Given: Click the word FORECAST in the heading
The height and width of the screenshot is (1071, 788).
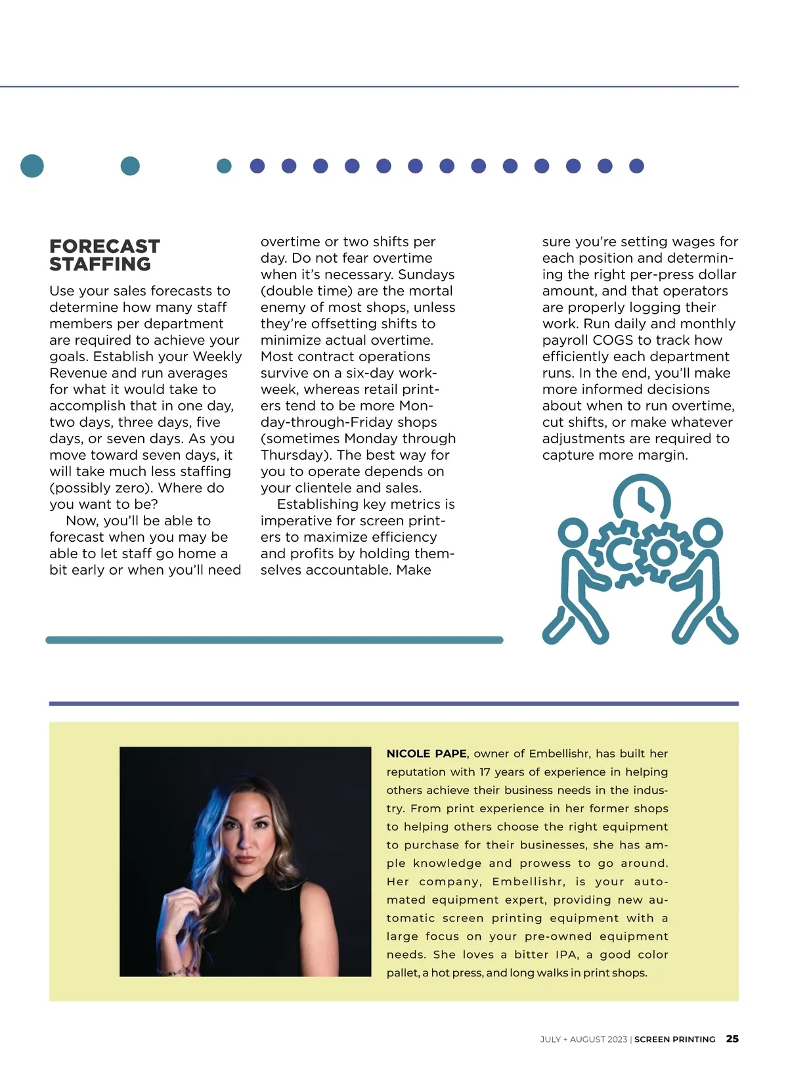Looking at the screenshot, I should click(104, 246).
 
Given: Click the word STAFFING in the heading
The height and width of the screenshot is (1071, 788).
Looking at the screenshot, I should click(100, 264).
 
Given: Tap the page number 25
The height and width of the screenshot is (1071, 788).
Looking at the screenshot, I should click(732, 1039).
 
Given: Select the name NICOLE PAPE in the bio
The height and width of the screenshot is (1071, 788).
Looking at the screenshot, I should click(426, 754).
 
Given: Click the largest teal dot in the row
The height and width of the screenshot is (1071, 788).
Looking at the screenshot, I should click(32, 165).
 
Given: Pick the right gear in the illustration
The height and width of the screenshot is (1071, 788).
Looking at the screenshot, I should click(663, 552).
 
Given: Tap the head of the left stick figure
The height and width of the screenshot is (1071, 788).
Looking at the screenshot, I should click(573, 533).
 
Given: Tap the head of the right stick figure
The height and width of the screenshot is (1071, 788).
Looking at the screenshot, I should click(707, 533).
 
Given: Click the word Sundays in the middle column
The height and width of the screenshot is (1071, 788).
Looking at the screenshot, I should click(426, 274).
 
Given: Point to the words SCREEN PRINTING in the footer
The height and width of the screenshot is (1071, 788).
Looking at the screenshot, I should click(674, 1039).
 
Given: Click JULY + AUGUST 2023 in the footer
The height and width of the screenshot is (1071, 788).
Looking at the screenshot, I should click(583, 1039).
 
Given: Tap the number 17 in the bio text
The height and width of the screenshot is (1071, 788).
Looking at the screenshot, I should click(485, 772).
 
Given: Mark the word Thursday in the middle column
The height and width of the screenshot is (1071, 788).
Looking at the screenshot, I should click(292, 455).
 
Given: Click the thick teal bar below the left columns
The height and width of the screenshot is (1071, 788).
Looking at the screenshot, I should click(274, 640).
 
